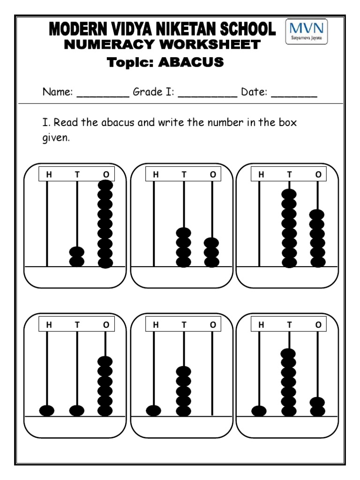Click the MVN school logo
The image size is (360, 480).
pyautogui.click(x=307, y=31)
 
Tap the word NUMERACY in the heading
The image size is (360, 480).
pyautogui.click(x=102, y=45)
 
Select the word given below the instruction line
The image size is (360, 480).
pyautogui.click(x=56, y=139)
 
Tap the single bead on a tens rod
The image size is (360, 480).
pyautogui.click(x=77, y=411)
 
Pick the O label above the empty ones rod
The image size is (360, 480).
pyautogui.click(x=213, y=324)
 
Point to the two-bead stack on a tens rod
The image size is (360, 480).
pyautogui.click(x=77, y=256)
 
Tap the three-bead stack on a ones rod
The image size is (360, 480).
pyautogui.click(x=212, y=253)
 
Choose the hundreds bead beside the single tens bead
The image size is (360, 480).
pyautogui.click(x=47, y=411)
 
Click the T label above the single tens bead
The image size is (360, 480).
pyautogui.click(x=77, y=324)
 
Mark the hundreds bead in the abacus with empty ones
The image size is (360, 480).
pyautogui.click(x=154, y=411)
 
